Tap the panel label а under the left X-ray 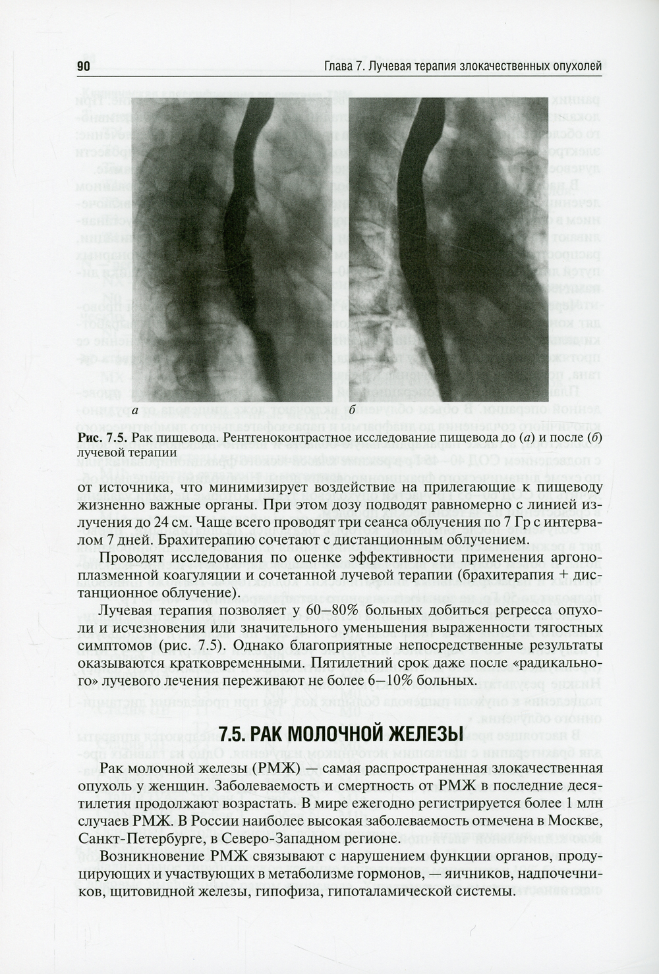coord(135,412)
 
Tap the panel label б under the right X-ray coord(353,411)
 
